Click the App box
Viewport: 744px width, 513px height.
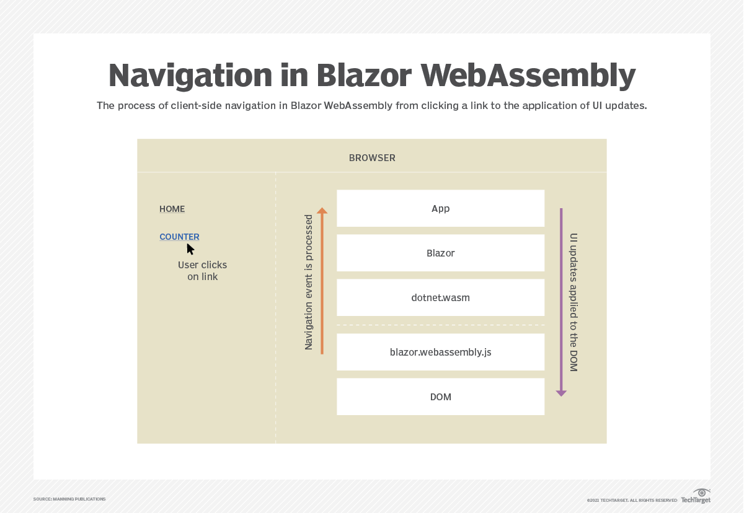440,208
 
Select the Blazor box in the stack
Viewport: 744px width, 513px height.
440,253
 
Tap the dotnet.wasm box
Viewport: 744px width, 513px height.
440,297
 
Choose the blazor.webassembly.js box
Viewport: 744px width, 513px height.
440,352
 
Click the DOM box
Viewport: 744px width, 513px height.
440,397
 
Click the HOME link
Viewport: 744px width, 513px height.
172,209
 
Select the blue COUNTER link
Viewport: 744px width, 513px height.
179,237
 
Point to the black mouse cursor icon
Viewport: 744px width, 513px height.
190,249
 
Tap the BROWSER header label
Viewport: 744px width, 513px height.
372,158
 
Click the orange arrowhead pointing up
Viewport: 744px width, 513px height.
322,211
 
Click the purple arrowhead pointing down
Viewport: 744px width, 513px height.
561,393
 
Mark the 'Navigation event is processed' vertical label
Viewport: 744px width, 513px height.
309,282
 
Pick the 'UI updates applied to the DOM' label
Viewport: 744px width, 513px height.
573,302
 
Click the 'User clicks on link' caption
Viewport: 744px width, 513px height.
202,271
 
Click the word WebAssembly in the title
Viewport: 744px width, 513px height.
528,76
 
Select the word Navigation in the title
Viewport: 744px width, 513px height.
190,76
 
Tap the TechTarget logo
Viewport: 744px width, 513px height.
696,496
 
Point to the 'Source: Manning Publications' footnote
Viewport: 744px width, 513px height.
69,499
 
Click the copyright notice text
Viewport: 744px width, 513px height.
632,500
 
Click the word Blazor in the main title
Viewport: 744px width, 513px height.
364,76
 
